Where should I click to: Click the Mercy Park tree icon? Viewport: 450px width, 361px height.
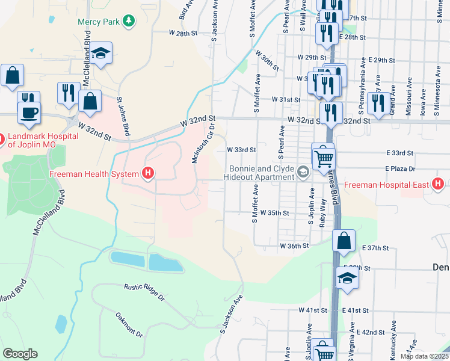(128, 22)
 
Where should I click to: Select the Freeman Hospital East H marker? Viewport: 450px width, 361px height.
(439, 184)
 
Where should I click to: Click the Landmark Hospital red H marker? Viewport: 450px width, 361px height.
(2, 140)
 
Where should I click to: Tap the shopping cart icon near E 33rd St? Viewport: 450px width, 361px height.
(323, 157)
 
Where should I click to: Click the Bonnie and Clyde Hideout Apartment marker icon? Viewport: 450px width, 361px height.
(304, 174)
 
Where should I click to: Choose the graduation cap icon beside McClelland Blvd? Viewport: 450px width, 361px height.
(102, 54)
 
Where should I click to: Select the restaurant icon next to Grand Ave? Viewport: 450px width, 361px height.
(378, 103)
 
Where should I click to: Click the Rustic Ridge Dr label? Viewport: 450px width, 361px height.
(144, 292)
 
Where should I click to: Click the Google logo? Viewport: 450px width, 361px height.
(20, 354)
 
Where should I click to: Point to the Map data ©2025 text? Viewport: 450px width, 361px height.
(424, 356)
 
